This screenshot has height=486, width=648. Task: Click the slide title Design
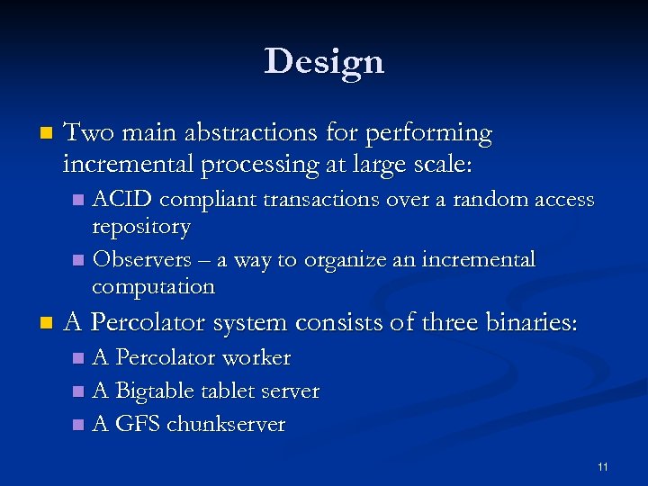(x=324, y=61)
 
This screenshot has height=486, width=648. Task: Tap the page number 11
(x=602, y=466)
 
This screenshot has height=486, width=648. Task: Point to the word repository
(x=141, y=227)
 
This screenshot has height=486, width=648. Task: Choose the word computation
(x=153, y=287)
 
